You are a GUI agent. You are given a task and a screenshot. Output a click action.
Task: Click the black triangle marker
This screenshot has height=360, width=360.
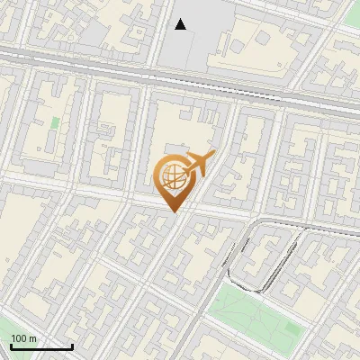point(181,24)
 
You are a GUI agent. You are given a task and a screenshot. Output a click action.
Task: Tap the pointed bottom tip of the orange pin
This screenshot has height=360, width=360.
point(172,211)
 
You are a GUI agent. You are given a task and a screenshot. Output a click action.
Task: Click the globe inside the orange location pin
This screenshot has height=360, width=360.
point(171,176)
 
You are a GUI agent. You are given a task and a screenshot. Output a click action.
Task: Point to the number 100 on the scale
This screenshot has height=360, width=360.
point(19,337)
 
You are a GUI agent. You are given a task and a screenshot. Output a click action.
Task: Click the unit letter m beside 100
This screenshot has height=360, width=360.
point(32,337)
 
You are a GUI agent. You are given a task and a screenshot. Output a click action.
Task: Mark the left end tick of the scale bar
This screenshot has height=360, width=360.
point(10,346)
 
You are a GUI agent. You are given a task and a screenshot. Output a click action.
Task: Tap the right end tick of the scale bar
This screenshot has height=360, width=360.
point(72,346)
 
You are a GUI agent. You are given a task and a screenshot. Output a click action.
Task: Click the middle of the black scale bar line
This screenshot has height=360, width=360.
point(40,347)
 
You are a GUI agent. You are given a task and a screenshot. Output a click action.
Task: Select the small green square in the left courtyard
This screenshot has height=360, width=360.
point(56,121)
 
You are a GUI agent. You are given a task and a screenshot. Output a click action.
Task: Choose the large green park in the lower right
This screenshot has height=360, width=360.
point(252,315)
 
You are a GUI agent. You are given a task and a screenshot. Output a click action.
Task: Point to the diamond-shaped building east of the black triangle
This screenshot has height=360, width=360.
point(237,43)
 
